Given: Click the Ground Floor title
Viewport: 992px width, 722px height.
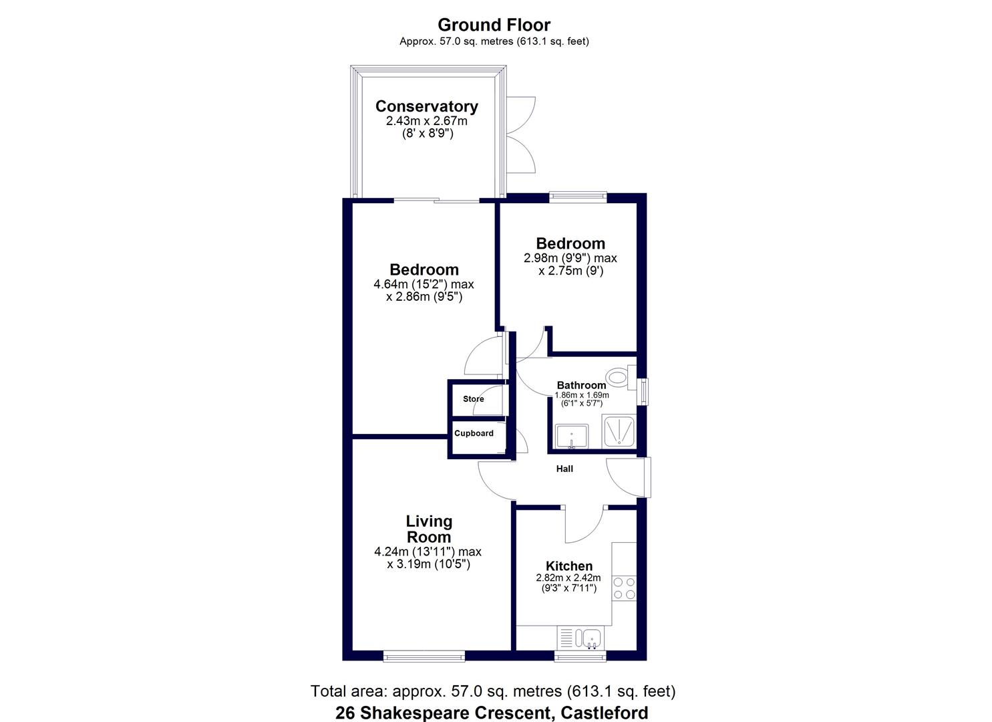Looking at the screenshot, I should tap(494, 25).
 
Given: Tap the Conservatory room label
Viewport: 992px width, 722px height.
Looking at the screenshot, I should tap(426, 106).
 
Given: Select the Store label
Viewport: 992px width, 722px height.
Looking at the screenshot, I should tap(473, 399).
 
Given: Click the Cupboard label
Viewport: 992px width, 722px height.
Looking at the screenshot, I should tap(474, 433).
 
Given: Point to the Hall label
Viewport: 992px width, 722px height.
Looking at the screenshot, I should tap(564, 469).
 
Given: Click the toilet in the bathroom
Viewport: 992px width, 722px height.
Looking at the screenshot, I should tap(621, 378).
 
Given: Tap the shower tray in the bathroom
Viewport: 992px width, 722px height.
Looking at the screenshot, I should tap(618, 431).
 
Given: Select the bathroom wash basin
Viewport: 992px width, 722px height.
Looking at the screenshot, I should tap(572, 436).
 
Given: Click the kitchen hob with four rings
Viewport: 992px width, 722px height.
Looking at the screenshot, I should tap(624, 588).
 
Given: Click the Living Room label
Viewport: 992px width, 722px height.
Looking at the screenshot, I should tap(429, 529).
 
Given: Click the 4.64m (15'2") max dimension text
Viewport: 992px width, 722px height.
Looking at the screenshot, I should tap(424, 284).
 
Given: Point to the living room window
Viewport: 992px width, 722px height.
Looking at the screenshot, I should tap(424, 657).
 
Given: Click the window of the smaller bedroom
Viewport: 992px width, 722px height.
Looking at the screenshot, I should tap(578, 197).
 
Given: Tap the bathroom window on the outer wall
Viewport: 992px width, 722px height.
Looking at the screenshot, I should tap(643, 392).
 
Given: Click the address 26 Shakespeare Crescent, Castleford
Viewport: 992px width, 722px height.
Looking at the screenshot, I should tap(492, 713).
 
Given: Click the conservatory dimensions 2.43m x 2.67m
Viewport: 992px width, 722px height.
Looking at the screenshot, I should tap(426, 121).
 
